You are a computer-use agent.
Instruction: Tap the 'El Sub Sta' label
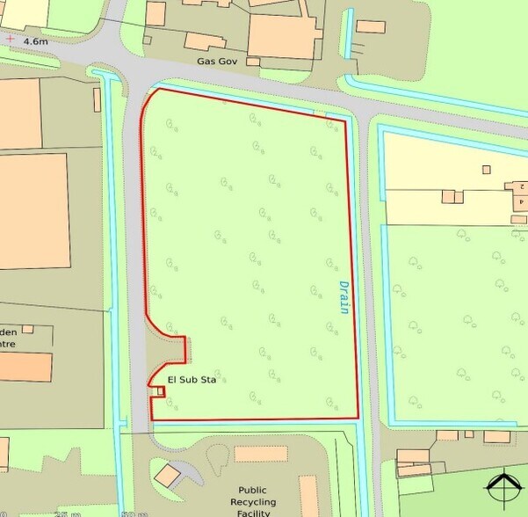192,380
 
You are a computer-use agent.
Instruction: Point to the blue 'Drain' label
344,296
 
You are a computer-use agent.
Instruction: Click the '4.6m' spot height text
36,41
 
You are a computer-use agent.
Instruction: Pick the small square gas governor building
253,62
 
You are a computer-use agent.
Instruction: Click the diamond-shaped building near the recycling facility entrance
167,475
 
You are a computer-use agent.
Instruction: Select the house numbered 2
519,187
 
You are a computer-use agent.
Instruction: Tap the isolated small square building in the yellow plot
486,170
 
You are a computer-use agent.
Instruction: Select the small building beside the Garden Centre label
27,329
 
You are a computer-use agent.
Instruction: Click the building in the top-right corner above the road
371,26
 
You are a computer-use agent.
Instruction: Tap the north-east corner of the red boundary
344,119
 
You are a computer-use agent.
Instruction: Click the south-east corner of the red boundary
358,418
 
